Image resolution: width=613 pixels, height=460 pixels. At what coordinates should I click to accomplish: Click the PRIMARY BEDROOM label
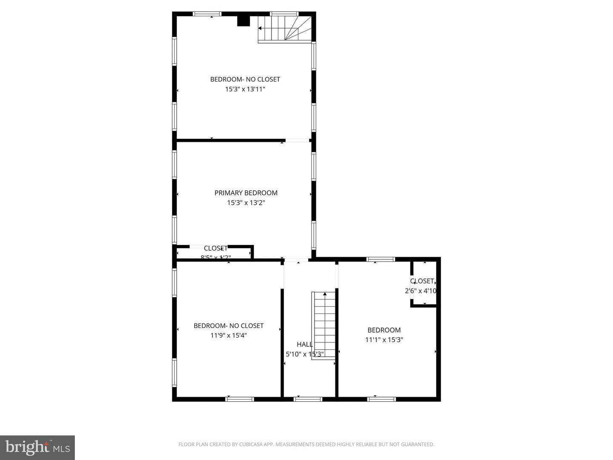[246, 193]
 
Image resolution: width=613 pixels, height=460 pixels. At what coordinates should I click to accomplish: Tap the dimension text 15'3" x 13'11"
[245, 89]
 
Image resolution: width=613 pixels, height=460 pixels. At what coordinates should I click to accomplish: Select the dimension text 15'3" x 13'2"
[246, 203]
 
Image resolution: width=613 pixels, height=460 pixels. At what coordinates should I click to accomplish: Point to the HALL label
[304, 344]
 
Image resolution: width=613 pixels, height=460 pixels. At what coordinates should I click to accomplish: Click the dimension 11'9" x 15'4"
[229, 336]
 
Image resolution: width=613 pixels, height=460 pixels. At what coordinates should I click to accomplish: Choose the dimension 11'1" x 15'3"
[384, 340]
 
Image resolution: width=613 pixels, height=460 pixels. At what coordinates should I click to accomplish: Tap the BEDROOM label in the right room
[384, 330]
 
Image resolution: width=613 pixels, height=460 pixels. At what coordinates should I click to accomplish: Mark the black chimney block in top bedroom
[243, 21]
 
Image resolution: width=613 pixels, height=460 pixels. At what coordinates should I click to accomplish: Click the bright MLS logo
[37, 447]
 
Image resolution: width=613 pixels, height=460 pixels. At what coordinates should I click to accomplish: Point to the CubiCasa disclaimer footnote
[306, 445]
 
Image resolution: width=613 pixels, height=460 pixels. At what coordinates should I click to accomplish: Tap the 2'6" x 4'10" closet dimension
[421, 291]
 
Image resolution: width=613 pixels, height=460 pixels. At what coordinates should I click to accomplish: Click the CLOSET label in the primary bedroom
[215, 248]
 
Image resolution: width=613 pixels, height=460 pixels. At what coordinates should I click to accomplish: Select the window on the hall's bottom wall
[308, 399]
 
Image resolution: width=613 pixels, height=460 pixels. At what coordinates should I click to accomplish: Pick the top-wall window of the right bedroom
[381, 259]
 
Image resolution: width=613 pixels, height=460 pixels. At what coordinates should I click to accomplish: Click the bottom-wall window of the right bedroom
[381, 399]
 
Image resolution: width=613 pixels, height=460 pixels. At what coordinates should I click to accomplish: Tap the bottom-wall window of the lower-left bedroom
[239, 399]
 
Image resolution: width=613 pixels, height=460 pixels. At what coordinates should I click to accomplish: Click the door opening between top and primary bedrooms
[297, 140]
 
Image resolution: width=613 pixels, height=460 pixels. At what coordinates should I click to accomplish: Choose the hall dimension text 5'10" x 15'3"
[305, 354]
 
